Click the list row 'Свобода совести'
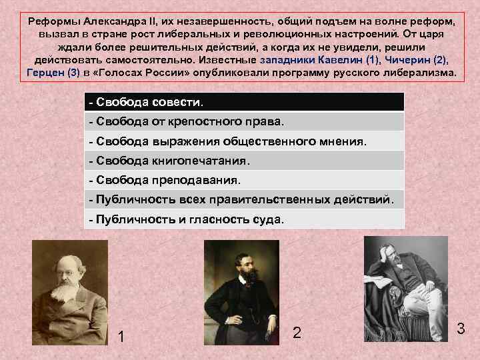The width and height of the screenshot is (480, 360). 245,102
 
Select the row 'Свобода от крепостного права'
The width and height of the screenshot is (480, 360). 245,122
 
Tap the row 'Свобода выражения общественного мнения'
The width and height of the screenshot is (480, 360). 245,141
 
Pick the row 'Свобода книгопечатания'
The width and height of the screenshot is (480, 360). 245,161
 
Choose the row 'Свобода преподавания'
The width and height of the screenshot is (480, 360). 245,180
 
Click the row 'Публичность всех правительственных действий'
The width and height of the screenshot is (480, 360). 245,199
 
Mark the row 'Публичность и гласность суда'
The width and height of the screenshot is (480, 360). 245,219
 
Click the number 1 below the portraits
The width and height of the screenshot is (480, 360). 121,337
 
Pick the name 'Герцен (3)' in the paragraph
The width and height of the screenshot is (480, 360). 52,73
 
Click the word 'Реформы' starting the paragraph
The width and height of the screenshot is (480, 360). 51,20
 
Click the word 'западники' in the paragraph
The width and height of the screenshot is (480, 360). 283,59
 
